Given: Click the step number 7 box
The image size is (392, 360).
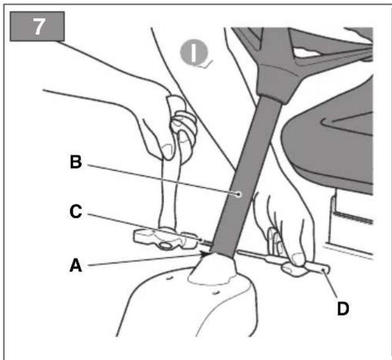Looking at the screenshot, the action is (37, 26).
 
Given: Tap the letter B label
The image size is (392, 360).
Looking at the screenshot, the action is (76, 162).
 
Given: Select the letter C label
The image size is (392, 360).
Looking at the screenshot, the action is (76, 211).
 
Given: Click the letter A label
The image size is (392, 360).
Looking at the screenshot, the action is (76, 265).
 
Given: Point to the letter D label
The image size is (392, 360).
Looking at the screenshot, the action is (343, 309).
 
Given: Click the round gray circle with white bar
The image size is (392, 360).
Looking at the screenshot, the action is (194, 52).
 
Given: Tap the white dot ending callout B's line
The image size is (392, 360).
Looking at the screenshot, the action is (239, 194).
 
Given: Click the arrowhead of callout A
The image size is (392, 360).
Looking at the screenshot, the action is (207, 254).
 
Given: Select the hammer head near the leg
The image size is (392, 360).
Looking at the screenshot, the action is (165, 239).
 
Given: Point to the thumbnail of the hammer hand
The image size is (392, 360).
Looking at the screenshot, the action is (167, 151).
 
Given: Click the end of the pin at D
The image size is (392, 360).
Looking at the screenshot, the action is (325, 270).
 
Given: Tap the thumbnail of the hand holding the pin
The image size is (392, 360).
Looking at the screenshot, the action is (298, 259).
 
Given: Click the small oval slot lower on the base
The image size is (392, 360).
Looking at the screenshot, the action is (216, 292).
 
